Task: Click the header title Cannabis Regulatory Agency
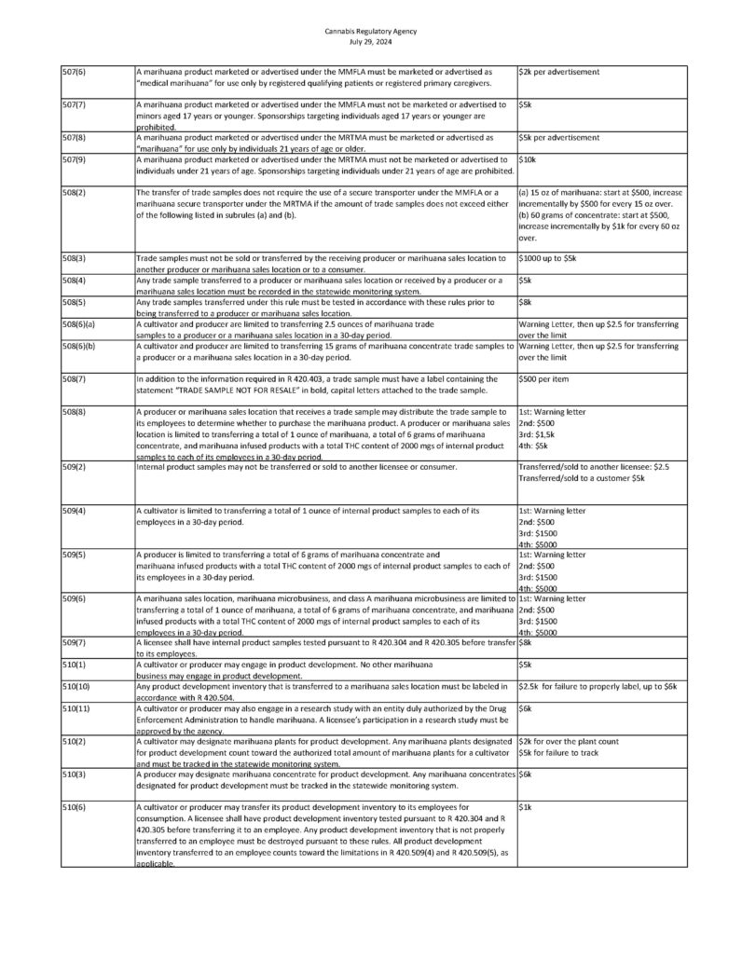pyautogui.click(x=371, y=31)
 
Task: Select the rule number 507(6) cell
pyautogui.click(x=75, y=72)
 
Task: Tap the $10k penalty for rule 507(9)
pyautogui.click(x=527, y=160)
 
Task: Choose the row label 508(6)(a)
pyautogui.click(x=79, y=323)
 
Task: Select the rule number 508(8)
pyautogui.click(x=75, y=411)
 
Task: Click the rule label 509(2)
pyautogui.click(x=75, y=466)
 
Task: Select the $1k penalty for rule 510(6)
pyautogui.click(x=525, y=807)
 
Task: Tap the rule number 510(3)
pyautogui.click(x=75, y=775)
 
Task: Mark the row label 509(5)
pyautogui.click(x=75, y=555)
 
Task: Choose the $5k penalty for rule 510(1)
pyautogui.click(x=525, y=665)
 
